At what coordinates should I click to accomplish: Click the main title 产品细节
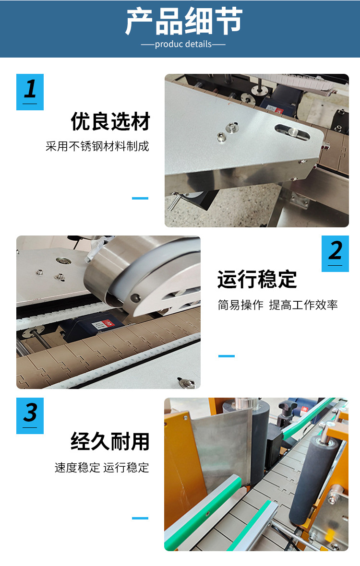point(184,22)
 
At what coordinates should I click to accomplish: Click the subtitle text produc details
point(183,44)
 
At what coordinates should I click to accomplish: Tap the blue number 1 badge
point(30,92)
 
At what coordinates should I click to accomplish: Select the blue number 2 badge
point(335,253)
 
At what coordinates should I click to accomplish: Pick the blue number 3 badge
point(30,415)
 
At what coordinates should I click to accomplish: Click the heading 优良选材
point(110,122)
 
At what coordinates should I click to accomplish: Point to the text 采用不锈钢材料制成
point(97,146)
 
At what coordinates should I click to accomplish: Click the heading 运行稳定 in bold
point(257,280)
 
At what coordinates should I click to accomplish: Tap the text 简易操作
point(240,305)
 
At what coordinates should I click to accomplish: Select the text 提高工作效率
point(303,305)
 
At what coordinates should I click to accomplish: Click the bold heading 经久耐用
point(110,442)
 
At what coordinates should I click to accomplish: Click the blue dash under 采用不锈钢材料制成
point(140,198)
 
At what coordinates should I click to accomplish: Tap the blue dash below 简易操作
point(227,356)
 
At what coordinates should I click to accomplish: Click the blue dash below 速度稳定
point(140,518)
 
